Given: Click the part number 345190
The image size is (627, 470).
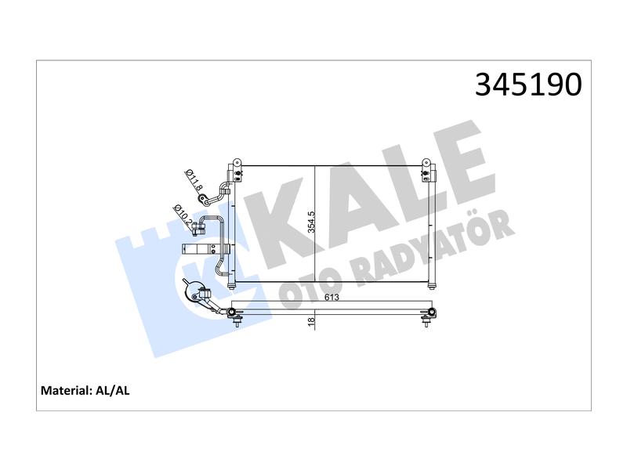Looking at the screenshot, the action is click(528, 85).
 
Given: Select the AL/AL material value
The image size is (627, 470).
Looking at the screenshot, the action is click(112, 390).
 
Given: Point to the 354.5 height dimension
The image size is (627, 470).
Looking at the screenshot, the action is click(312, 222).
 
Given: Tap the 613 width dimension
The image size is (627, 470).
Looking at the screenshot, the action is click(332, 298).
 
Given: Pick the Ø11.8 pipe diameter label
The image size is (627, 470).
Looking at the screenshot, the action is click(194, 179).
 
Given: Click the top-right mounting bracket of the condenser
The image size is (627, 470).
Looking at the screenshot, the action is click(428, 171).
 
